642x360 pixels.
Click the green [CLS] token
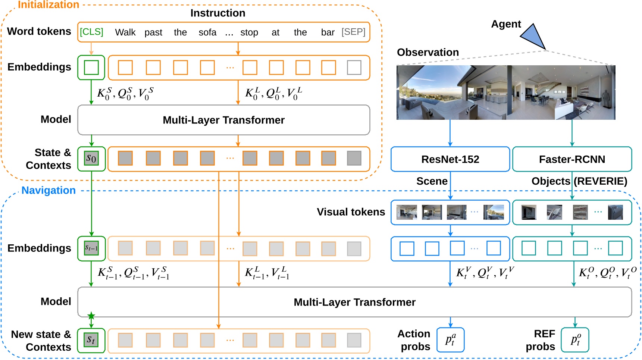click(91, 32)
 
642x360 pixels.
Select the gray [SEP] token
click(353, 32)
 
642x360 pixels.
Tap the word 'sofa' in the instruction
click(207, 32)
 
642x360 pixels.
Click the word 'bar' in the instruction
click(328, 32)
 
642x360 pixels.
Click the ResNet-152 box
click(450, 159)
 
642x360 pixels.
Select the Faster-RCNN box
click(571, 159)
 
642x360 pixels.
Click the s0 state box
click(91, 159)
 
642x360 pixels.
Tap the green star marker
click(91, 316)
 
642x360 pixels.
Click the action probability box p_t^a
click(450, 340)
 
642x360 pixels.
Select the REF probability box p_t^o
click(575, 340)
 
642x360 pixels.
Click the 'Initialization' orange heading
click(48, 5)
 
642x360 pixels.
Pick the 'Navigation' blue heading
click(48, 190)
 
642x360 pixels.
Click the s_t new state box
click(91, 340)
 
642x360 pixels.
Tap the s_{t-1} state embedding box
click(91, 248)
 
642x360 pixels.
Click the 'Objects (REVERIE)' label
click(579, 181)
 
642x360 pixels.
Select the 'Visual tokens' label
click(351, 212)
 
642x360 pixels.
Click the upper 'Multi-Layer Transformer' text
click(223, 120)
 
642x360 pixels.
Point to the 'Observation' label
click(428, 52)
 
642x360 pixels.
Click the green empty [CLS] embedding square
click(91, 68)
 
